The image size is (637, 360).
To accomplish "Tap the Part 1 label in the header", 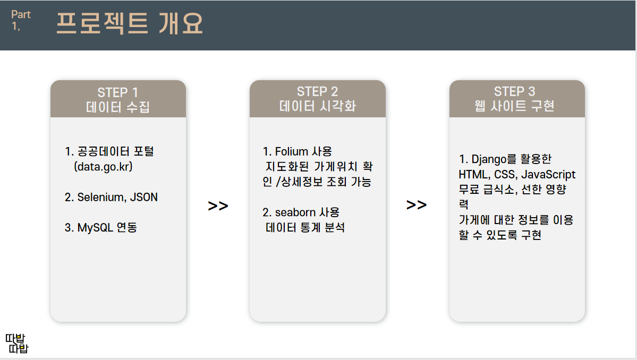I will (21, 20).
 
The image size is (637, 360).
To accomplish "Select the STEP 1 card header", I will (118, 99).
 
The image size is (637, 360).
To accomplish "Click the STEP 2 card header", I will (317, 99).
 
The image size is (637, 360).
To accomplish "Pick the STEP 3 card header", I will (516, 99).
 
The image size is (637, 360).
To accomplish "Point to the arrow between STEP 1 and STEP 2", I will (218, 206).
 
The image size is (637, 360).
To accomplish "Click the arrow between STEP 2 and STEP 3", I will (417, 205).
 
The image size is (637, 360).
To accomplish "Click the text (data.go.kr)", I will (104, 167).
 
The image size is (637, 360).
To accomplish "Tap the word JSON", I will (144, 198).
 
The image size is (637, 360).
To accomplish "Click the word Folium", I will (292, 152).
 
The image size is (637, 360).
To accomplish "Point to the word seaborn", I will (295, 212).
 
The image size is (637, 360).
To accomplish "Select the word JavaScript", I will (548, 174).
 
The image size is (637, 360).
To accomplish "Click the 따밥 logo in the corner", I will (16, 344).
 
